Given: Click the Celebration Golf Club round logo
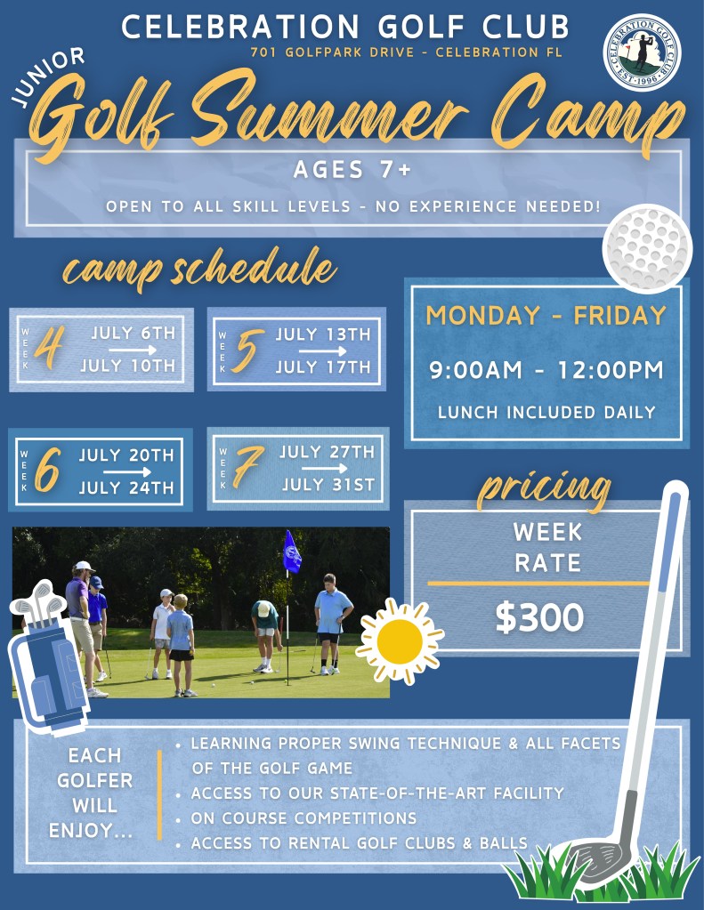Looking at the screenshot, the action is (642, 52).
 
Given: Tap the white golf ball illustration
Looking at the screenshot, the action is (647, 247).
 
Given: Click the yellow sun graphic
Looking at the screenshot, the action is (400, 640).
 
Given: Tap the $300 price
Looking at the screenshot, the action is (539, 616).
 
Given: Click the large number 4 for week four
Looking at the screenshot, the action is (49, 347).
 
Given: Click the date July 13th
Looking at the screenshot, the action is (323, 334).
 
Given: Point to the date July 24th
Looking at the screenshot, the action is (126, 487).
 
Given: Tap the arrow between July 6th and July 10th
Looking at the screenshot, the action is (133, 350).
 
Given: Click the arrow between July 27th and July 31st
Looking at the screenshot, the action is (325, 468).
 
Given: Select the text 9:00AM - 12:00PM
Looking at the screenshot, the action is (546, 370).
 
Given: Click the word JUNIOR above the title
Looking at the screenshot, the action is (49, 77).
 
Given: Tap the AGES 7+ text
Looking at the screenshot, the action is (352, 170).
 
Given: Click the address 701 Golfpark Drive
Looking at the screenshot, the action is (332, 52).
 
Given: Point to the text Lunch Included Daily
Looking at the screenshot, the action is (546, 412).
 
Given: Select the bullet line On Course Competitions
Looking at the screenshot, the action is (303, 817).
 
